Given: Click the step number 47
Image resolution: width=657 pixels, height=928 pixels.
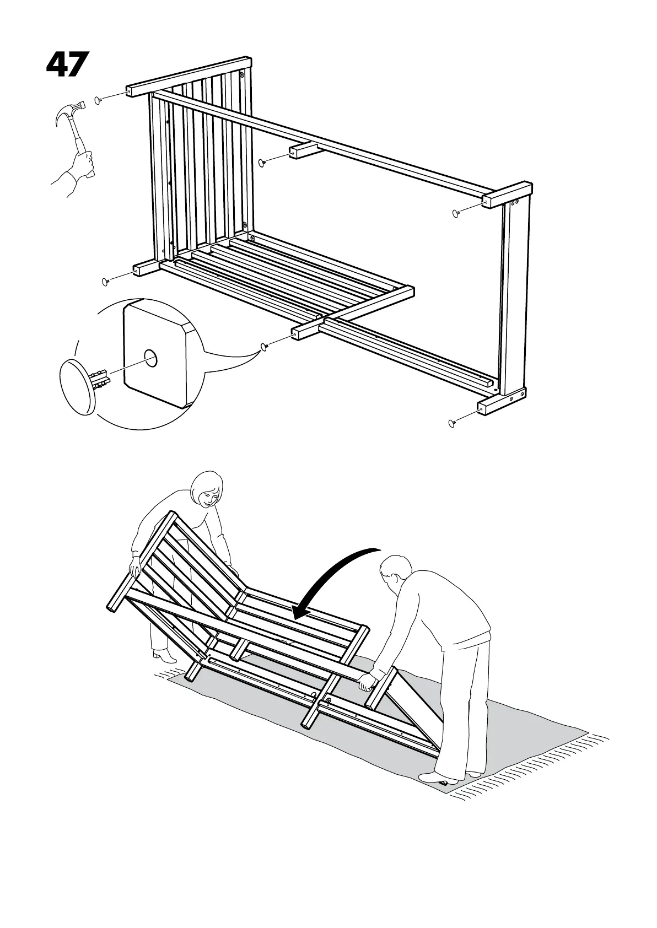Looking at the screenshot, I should [67, 65].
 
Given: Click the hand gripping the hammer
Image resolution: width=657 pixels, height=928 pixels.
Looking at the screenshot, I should [83, 164].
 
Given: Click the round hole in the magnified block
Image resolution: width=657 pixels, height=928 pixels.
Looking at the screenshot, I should [150, 359].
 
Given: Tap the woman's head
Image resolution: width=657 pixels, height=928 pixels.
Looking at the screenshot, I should [207, 488].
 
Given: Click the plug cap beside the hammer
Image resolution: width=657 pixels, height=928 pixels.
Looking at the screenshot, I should [98, 100].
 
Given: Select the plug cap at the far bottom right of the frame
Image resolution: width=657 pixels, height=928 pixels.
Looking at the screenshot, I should [452, 423].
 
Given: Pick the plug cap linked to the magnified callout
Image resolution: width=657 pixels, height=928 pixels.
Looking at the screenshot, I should [264, 346].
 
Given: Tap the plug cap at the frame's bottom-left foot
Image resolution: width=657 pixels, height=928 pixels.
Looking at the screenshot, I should [105, 282].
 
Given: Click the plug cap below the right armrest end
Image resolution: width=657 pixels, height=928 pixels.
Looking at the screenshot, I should [455, 213].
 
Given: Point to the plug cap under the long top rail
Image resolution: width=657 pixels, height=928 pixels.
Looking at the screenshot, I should [262, 162].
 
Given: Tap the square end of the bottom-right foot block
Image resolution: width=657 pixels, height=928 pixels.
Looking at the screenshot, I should [481, 409].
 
